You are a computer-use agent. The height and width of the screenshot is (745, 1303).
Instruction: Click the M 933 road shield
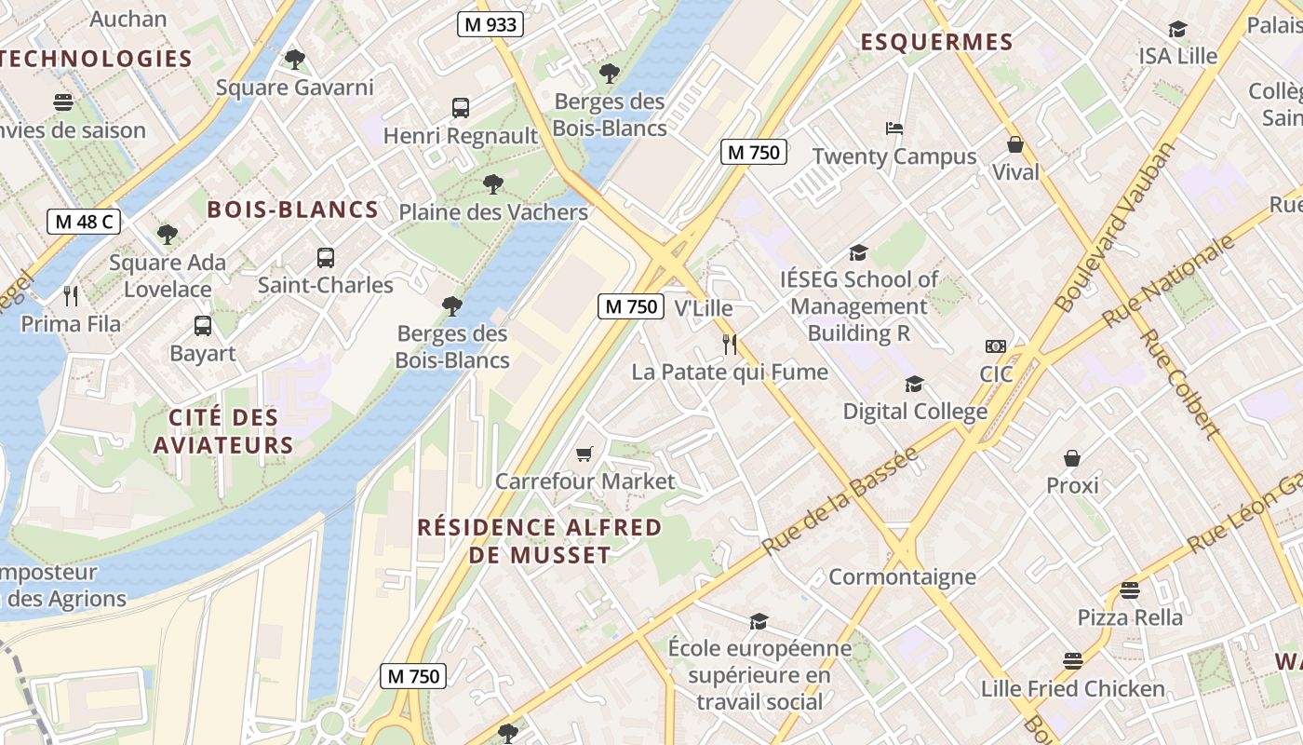click(x=490, y=24)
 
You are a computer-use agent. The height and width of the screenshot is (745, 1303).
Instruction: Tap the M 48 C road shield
click(x=84, y=222)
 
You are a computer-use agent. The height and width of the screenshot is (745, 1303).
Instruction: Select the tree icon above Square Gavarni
click(x=294, y=60)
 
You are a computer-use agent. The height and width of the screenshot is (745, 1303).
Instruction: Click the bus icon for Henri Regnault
click(x=461, y=108)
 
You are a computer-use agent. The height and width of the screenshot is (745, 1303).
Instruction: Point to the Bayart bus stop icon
click(x=203, y=326)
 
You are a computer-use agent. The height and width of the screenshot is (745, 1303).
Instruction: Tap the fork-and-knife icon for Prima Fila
click(x=71, y=296)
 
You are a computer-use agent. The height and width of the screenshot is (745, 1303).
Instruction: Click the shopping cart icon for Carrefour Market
click(x=584, y=454)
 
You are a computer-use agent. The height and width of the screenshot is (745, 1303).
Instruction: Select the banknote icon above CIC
click(x=995, y=346)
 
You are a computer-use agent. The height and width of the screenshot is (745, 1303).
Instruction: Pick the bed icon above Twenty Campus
click(x=894, y=129)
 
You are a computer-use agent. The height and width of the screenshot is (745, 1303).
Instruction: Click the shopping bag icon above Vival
click(x=1015, y=144)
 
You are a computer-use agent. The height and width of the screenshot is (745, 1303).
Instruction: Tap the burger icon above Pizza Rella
click(x=1130, y=589)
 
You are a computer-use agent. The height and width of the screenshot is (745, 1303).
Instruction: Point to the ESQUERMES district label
click(x=935, y=42)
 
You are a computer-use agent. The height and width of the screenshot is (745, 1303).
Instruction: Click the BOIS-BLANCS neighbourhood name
click(x=292, y=210)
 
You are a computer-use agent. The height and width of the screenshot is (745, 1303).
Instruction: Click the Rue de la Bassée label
click(x=840, y=501)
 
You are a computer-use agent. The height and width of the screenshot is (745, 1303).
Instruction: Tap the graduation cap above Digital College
click(x=915, y=384)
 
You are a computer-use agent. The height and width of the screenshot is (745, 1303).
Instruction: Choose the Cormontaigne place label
click(x=902, y=576)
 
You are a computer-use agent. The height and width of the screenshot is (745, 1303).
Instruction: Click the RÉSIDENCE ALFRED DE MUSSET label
click(x=539, y=541)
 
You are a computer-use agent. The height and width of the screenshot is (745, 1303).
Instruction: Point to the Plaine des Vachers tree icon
click(x=493, y=184)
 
